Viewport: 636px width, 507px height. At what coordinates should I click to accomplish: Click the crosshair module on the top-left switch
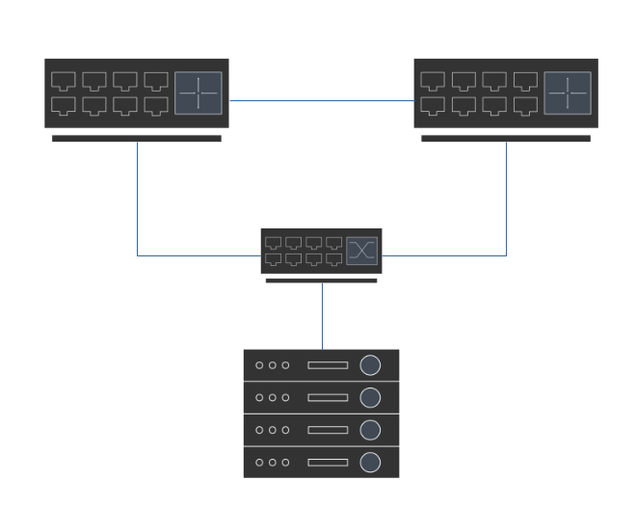point(199,93)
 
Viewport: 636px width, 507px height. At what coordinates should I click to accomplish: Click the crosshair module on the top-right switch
point(568,93)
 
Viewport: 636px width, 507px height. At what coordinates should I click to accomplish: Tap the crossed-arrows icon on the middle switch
point(361,251)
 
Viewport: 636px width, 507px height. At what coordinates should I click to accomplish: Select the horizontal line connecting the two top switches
point(321,100)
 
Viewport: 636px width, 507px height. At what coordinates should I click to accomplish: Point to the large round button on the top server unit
point(370,365)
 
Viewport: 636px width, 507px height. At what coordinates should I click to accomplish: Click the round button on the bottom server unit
point(370,463)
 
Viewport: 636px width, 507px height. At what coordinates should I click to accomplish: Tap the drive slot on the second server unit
point(328,398)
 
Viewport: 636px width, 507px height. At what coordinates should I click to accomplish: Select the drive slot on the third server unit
point(328,430)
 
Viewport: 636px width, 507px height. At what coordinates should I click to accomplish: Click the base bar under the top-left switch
point(136,139)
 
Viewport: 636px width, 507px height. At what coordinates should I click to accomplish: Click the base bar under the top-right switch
point(506,139)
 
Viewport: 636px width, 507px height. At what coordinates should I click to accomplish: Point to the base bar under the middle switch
point(321,280)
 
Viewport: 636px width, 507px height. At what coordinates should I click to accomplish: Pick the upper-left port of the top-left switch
point(63,81)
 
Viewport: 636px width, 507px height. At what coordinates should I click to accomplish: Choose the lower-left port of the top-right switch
point(433,105)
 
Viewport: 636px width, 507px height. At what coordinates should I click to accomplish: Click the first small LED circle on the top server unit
point(259,365)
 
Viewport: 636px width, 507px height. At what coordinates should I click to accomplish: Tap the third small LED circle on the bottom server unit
point(285,463)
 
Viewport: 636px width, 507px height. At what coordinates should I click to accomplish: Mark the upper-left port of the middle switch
point(273,243)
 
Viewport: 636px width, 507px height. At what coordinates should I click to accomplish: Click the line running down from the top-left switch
point(137,198)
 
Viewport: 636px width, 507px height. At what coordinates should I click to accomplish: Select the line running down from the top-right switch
point(507,198)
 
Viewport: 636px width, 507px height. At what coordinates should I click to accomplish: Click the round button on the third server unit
point(370,430)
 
